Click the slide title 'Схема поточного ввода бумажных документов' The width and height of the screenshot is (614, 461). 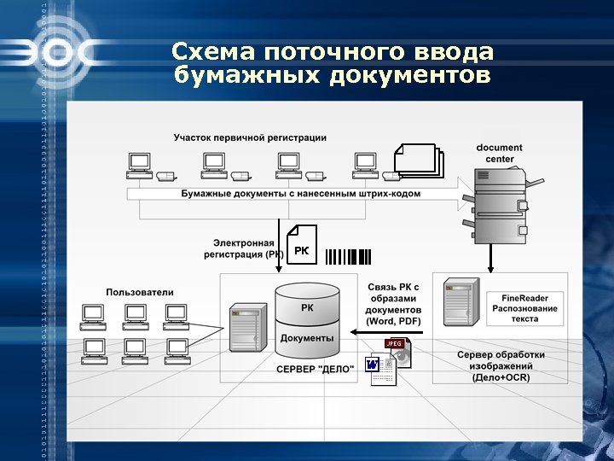point(332,64)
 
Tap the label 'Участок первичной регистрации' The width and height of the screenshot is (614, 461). point(250,137)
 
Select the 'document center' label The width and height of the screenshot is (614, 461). point(500,153)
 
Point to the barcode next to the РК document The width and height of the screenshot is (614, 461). point(348,255)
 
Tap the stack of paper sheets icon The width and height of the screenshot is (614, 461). point(419,161)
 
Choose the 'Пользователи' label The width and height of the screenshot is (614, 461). point(140,292)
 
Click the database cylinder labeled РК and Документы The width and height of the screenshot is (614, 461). point(308,320)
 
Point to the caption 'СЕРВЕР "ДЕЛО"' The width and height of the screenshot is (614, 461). point(315,370)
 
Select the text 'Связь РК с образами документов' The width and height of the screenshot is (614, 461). point(393,303)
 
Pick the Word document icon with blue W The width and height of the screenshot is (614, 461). point(379,368)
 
